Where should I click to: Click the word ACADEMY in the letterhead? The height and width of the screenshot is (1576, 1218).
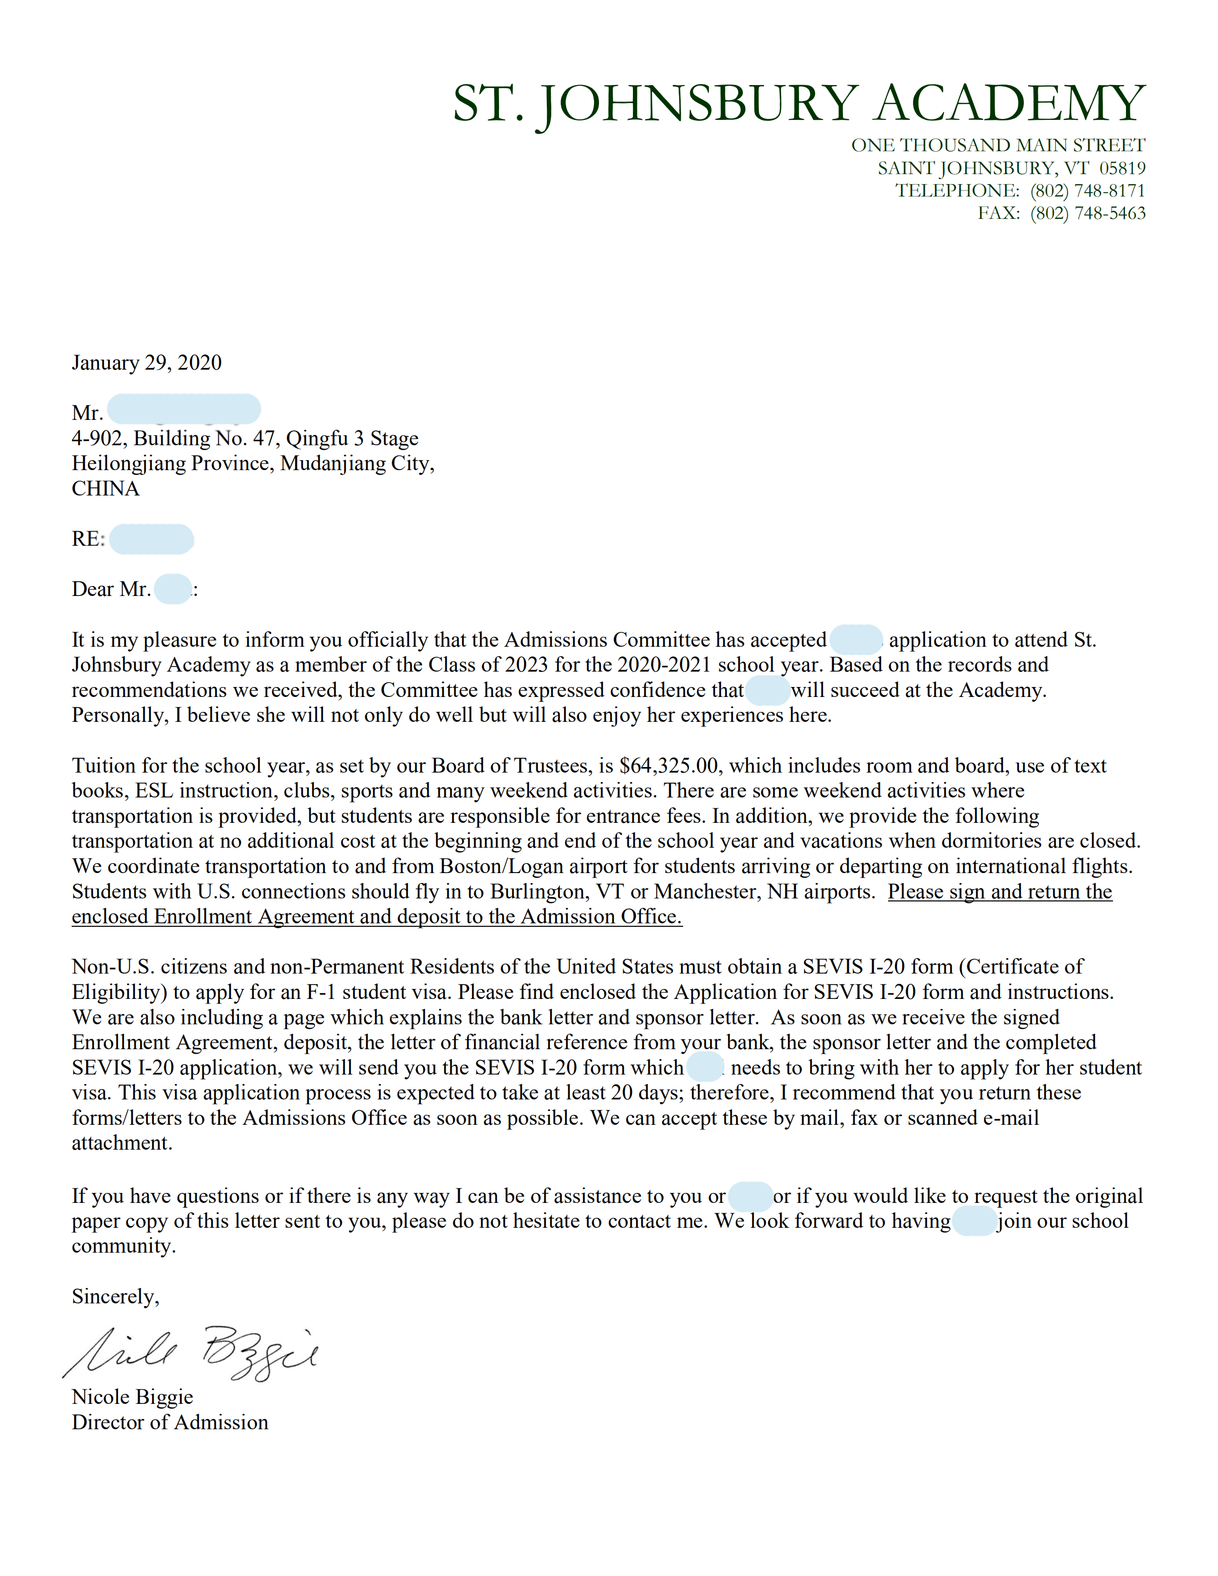(1010, 103)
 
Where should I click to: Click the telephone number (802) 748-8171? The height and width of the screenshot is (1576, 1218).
(1088, 191)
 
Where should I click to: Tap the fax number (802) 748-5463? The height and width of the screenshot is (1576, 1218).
(1088, 213)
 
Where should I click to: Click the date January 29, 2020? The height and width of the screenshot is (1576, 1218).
(146, 362)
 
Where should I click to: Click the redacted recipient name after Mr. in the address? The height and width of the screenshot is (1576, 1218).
(184, 409)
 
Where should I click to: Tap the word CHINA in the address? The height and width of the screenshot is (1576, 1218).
(105, 489)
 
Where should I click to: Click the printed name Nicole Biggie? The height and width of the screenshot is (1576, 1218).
(132, 1396)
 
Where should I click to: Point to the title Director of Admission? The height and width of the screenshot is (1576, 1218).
(170, 1422)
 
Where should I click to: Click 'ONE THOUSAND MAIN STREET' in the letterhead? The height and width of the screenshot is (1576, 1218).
(998, 145)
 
